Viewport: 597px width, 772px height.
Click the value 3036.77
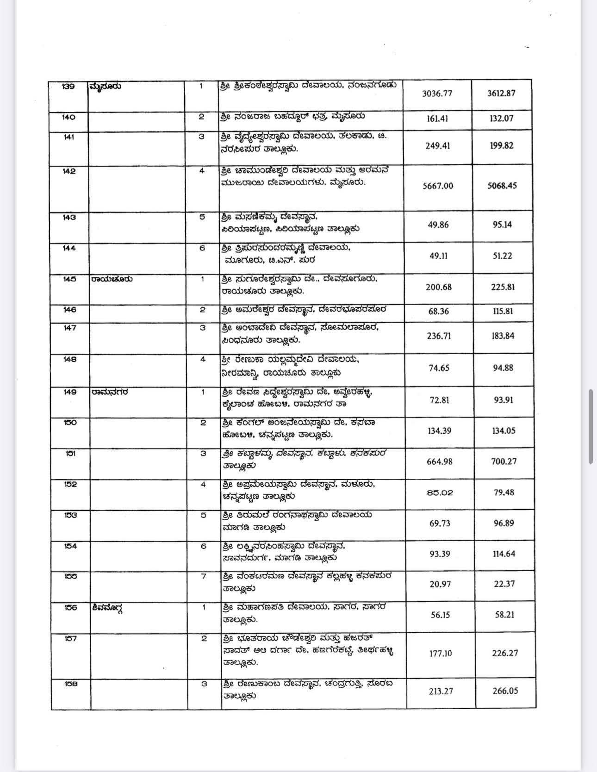(x=437, y=93)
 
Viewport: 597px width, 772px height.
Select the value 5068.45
(x=502, y=186)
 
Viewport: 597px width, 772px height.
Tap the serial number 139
(x=68, y=86)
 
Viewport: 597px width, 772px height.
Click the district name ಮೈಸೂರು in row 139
(x=106, y=86)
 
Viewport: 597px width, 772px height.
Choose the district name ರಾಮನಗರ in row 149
(x=110, y=392)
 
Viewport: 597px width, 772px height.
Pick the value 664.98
(x=439, y=461)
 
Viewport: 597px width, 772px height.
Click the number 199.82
(x=502, y=145)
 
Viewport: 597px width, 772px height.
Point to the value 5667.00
(x=438, y=186)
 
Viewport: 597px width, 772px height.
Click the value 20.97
(x=440, y=584)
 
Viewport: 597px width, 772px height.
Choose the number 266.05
(x=505, y=691)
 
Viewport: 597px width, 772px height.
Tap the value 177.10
(x=440, y=654)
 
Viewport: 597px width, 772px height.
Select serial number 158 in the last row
(x=71, y=684)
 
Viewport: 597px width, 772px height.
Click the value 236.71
(x=439, y=336)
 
